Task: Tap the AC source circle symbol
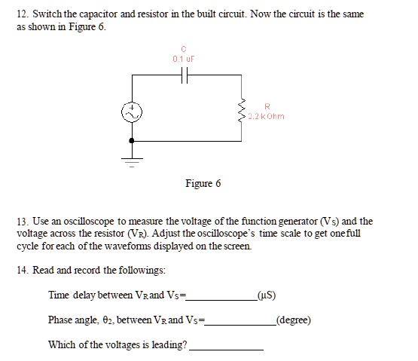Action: click(x=133, y=112)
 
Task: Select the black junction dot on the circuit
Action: click(x=133, y=140)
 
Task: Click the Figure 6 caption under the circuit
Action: click(x=203, y=184)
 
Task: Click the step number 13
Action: click(x=22, y=222)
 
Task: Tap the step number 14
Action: click(x=22, y=270)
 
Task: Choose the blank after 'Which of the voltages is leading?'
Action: click(x=226, y=347)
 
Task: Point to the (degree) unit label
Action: click(x=294, y=320)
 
